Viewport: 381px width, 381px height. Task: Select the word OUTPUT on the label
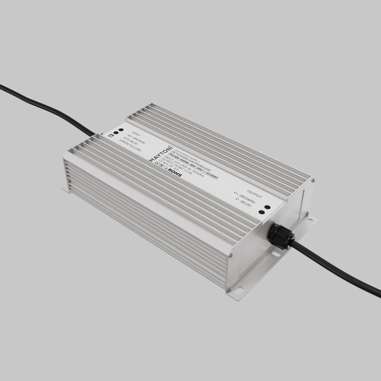point(254,194)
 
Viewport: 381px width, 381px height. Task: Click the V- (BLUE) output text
point(244,203)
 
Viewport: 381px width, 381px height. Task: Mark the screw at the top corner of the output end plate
point(312,181)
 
